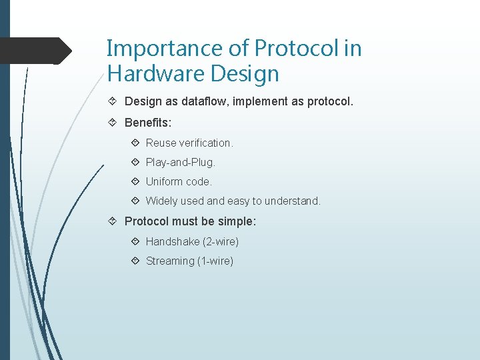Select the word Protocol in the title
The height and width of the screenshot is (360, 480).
[x=287, y=49]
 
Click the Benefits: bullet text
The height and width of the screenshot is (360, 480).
[x=148, y=124]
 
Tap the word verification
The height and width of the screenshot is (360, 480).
[x=206, y=143]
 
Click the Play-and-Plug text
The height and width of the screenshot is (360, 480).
[x=180, y=162]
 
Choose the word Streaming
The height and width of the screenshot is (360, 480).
[x=170, y=261]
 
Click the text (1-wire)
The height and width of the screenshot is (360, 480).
[x=215, y=261]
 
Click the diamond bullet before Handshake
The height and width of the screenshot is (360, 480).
[x=135, y=241]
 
